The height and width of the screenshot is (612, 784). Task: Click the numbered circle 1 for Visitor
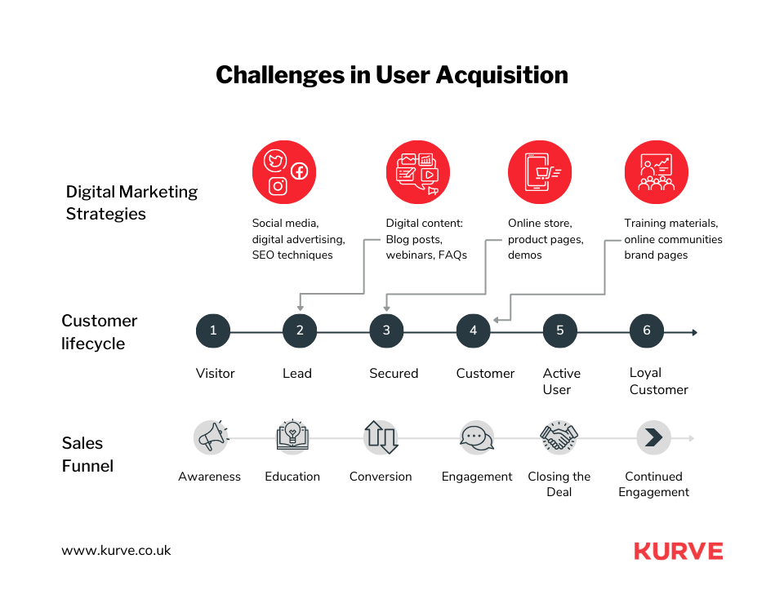pyautogui.click(x=213, y=330)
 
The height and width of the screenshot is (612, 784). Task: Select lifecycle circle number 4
pyautogui.click(x=473, y=330)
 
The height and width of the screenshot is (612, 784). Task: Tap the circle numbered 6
pyautogui.click(x=647, y=330)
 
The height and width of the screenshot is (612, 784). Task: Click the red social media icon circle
pyautogui.click(x=284, y=172)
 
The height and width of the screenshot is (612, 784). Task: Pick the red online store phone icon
pyautogui.click(x=540, y=172)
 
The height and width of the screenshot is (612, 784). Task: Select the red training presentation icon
pyautogui.click(x=656, y=172)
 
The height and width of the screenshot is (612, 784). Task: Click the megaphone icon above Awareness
pyautogui.click(x=211, y=437)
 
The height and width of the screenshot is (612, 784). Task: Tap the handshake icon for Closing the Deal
pyautogui.click(x=559, y=437)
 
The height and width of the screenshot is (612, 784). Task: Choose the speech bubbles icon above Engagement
pyautogui.click(x=476, y=437)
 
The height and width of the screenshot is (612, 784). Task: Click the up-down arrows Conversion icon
pyautogui.click(x=381, y=437)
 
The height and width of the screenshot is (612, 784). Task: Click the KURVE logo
pyautogui.click(x=678, y=551)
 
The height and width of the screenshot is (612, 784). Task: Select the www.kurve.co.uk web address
pyautogui.click(x=116, y=550)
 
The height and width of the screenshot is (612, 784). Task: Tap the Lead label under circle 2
pyautogui.click(x=297, y=373)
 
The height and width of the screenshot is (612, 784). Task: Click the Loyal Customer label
pyautogui.click(x=658, y=381)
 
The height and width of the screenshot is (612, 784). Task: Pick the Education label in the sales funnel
pyautogui.click(x=292, y=477)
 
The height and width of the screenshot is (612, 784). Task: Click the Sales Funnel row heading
pyautogui.click(x=87, y=455)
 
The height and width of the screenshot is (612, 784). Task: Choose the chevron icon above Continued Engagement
pyautogui.click(x=653, y=437)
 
